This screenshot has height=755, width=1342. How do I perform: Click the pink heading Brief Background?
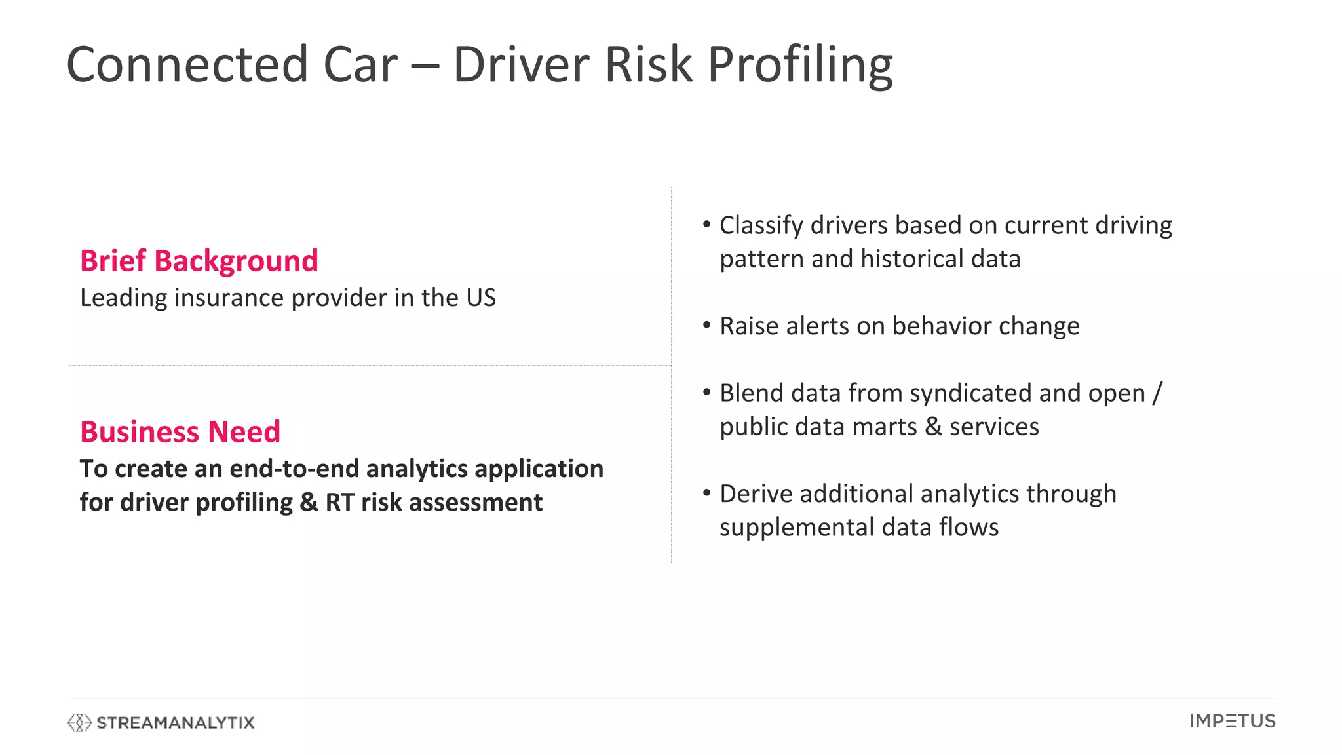[x=199, y=261]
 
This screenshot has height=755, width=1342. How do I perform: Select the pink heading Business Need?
[x=180, y=432]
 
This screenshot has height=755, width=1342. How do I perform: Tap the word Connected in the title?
[x=187, y=64]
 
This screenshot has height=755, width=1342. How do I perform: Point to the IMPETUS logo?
[x=1232, y=721]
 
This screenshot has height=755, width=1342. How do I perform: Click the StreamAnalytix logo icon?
[x=79, y=722]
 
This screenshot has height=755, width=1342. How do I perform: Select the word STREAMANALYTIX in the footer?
[x=176, y=722]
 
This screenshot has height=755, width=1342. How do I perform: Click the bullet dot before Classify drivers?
[x=706, y=225]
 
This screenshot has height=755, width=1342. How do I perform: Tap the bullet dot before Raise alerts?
[x=706, y=325]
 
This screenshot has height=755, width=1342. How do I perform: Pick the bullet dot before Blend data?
[x=706, y=392]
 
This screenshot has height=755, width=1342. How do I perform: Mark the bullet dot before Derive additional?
[x=706, y=493]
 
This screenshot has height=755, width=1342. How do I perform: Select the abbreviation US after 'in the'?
[x=481, y=298]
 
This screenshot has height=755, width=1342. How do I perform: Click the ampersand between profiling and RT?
[x=309, y=503]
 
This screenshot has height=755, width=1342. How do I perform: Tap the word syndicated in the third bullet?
[x=970, y=393]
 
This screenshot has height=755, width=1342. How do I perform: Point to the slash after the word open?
[x=1157, y=393]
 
